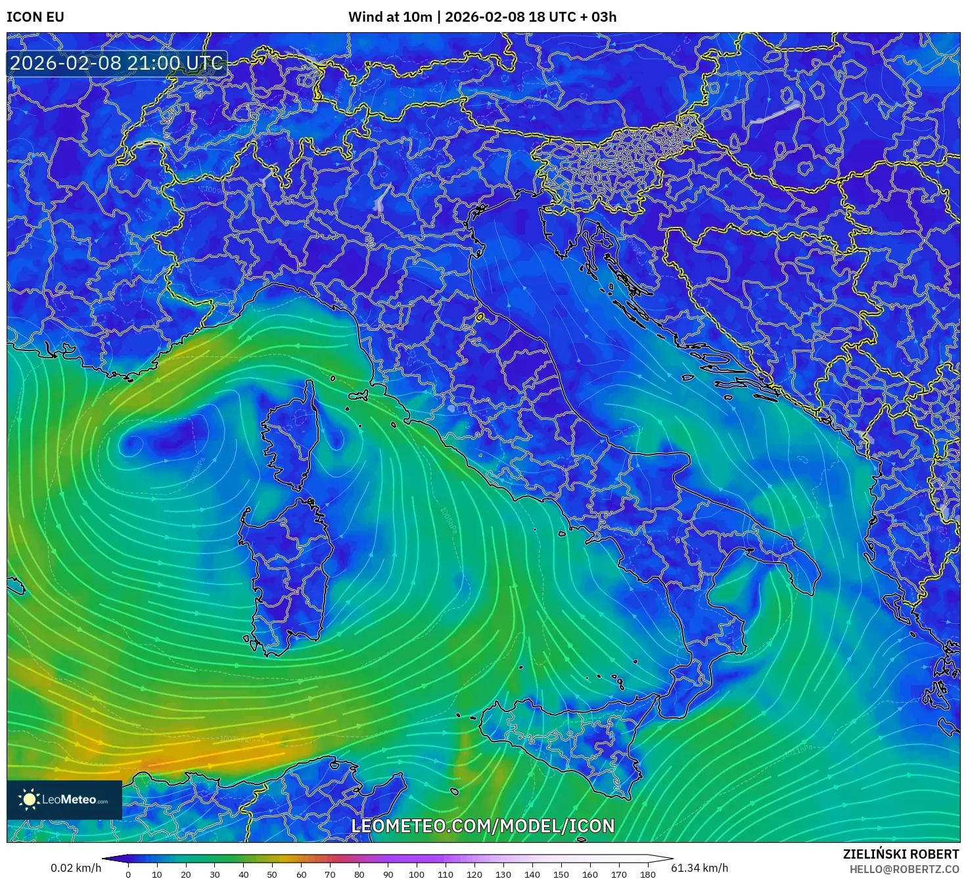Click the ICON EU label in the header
tap(35, 17)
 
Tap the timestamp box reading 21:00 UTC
tap(116, 64)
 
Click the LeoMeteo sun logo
tap(29, 799)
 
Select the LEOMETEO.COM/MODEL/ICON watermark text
tap(483, 826)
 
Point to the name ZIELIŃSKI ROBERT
tap(901, 854)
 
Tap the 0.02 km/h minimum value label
tap(76, 868)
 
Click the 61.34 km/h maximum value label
tap(699, 868)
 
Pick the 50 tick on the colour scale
tap(272, 874)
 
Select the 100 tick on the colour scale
tap(417, 874)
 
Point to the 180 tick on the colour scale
tap(648, 874)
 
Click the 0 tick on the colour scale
tap(128, 874)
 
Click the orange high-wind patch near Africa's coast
tap(171, 756)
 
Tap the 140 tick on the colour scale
tap(532, 874)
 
